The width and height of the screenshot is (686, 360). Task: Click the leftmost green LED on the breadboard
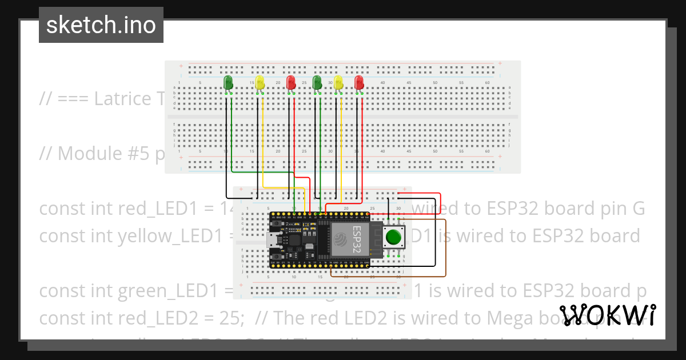coord(228,82)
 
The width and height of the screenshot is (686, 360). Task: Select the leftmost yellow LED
coord(260,82)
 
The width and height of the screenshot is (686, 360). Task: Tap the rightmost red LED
coord(359,82)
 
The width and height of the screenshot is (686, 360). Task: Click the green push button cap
coord(393,237)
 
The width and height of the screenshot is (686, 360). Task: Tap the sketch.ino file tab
coord(101,25)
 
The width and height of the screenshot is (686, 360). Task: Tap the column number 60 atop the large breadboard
coord(487,83)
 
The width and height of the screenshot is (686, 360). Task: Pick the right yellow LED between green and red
coord(338,82)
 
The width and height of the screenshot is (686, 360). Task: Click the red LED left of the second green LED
coord(291,82)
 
